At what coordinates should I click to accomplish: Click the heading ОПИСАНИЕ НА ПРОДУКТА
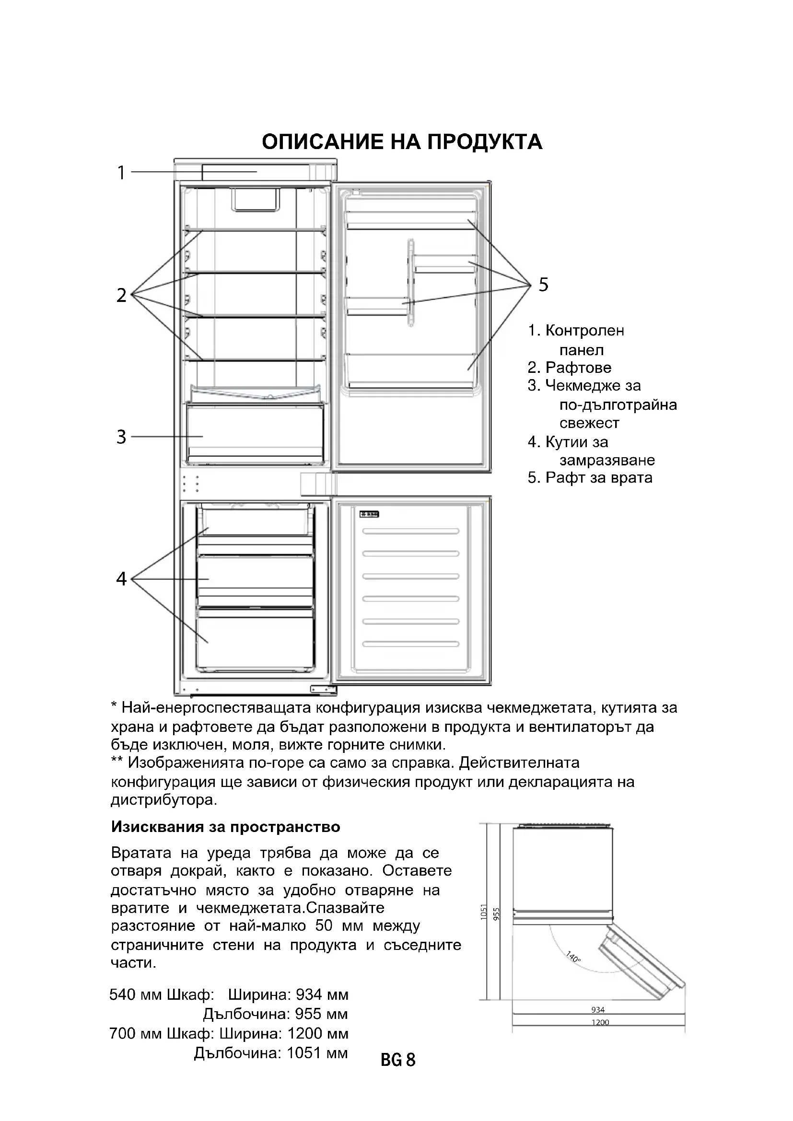tap(402, 142)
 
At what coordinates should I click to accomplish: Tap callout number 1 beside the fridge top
tap(121, 173)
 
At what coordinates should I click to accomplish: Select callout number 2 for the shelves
tap(121, 295)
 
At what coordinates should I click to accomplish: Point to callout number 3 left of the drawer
tap(121, 437)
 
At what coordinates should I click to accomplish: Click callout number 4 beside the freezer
tap(121, 578)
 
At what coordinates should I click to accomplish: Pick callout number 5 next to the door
tap(544, 284)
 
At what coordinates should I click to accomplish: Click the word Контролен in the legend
tap(584, 331)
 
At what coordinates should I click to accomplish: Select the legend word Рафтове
tap(578, 367)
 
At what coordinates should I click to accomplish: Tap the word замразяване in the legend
tap(607, 460)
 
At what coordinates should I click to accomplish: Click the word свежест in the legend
tap(589, 423)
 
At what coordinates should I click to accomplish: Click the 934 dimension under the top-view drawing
tap(598, 1010)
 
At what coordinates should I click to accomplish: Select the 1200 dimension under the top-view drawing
tap(600, 1022)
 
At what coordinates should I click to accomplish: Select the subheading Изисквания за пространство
tap(226, 827)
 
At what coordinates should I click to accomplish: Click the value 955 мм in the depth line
tap(321, 1014)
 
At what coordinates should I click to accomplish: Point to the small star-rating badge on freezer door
tap(370, 514)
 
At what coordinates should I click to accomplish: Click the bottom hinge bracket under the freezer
tap(323, 689)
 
